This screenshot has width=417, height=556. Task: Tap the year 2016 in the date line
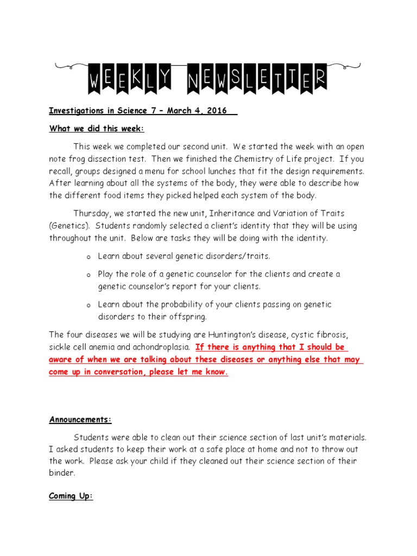pyautogui.click(x=217, y=111)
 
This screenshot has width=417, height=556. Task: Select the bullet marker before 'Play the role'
pyautogui.click(x=88, y=276)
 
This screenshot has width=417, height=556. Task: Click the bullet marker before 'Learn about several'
pyautogui.click(x=88, y=257)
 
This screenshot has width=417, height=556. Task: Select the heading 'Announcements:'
pyautogui.click(x=81, y=419)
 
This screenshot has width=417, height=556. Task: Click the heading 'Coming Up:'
pyautogui.click(x=71, y=496)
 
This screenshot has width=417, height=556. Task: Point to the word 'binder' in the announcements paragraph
pyautogui.click(x=61, y=473)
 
